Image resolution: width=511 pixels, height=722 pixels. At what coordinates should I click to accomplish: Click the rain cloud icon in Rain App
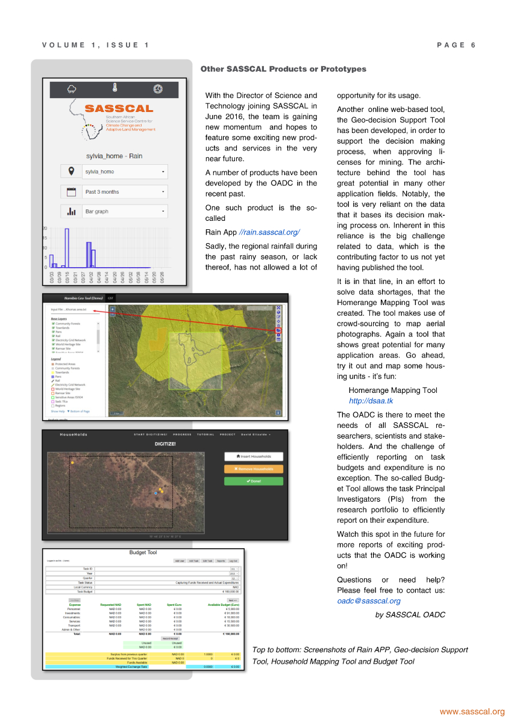[x=72, y=89]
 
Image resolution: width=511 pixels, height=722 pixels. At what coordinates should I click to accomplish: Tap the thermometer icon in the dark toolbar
[x=114, y=88]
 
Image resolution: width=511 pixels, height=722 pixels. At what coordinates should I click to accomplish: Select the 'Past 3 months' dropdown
[x=124, y=192]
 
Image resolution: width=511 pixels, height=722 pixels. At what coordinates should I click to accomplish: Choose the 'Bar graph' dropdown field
[x=124, y=212]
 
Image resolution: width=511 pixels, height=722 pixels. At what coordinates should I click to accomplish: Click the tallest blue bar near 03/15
[x=67, y=247]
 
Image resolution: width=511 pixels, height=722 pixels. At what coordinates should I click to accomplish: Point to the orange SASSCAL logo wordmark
[x=119, y=109]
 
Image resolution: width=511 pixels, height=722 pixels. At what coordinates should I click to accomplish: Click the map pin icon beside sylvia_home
[x=72, y=171]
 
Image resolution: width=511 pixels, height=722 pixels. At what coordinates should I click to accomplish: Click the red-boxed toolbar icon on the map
[x=278, y=330]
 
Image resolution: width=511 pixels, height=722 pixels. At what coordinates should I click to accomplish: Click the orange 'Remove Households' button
[x=253, y=469]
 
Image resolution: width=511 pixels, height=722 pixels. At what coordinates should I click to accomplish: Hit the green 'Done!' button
[x=253, y=481]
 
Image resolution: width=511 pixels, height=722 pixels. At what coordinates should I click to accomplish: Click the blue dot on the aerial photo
[x=155, y=493]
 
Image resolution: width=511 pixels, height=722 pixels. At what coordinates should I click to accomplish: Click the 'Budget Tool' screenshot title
[x=143, y=552]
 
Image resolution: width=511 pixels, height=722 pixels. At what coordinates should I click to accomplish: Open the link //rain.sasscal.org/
[x=269, y=232]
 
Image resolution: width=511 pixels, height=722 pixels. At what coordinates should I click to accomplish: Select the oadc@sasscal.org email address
[x=369, y=600]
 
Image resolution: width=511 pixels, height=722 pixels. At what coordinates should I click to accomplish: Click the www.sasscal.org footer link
[x=472, y=712]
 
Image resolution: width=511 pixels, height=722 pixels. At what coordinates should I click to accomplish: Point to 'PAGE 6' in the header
[x=456, y=45]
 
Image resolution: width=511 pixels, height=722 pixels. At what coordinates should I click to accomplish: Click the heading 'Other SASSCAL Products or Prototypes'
[x=283, y=69]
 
